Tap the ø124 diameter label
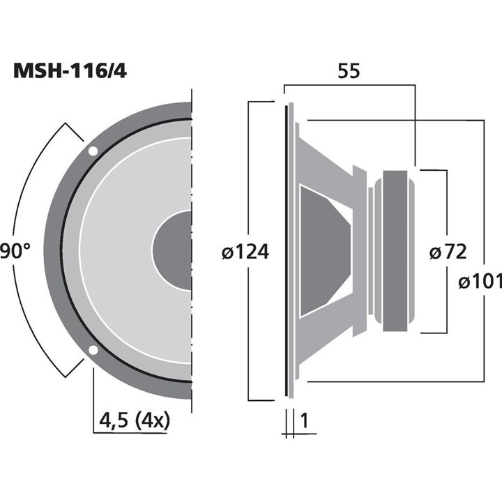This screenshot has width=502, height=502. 244,252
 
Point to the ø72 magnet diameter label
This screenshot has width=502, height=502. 447,252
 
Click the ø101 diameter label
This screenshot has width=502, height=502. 480,281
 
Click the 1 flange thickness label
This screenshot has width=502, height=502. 304,420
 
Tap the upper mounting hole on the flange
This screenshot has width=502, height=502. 93,151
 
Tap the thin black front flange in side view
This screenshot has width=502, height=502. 286,251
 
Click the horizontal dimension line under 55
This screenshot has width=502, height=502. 349,86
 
